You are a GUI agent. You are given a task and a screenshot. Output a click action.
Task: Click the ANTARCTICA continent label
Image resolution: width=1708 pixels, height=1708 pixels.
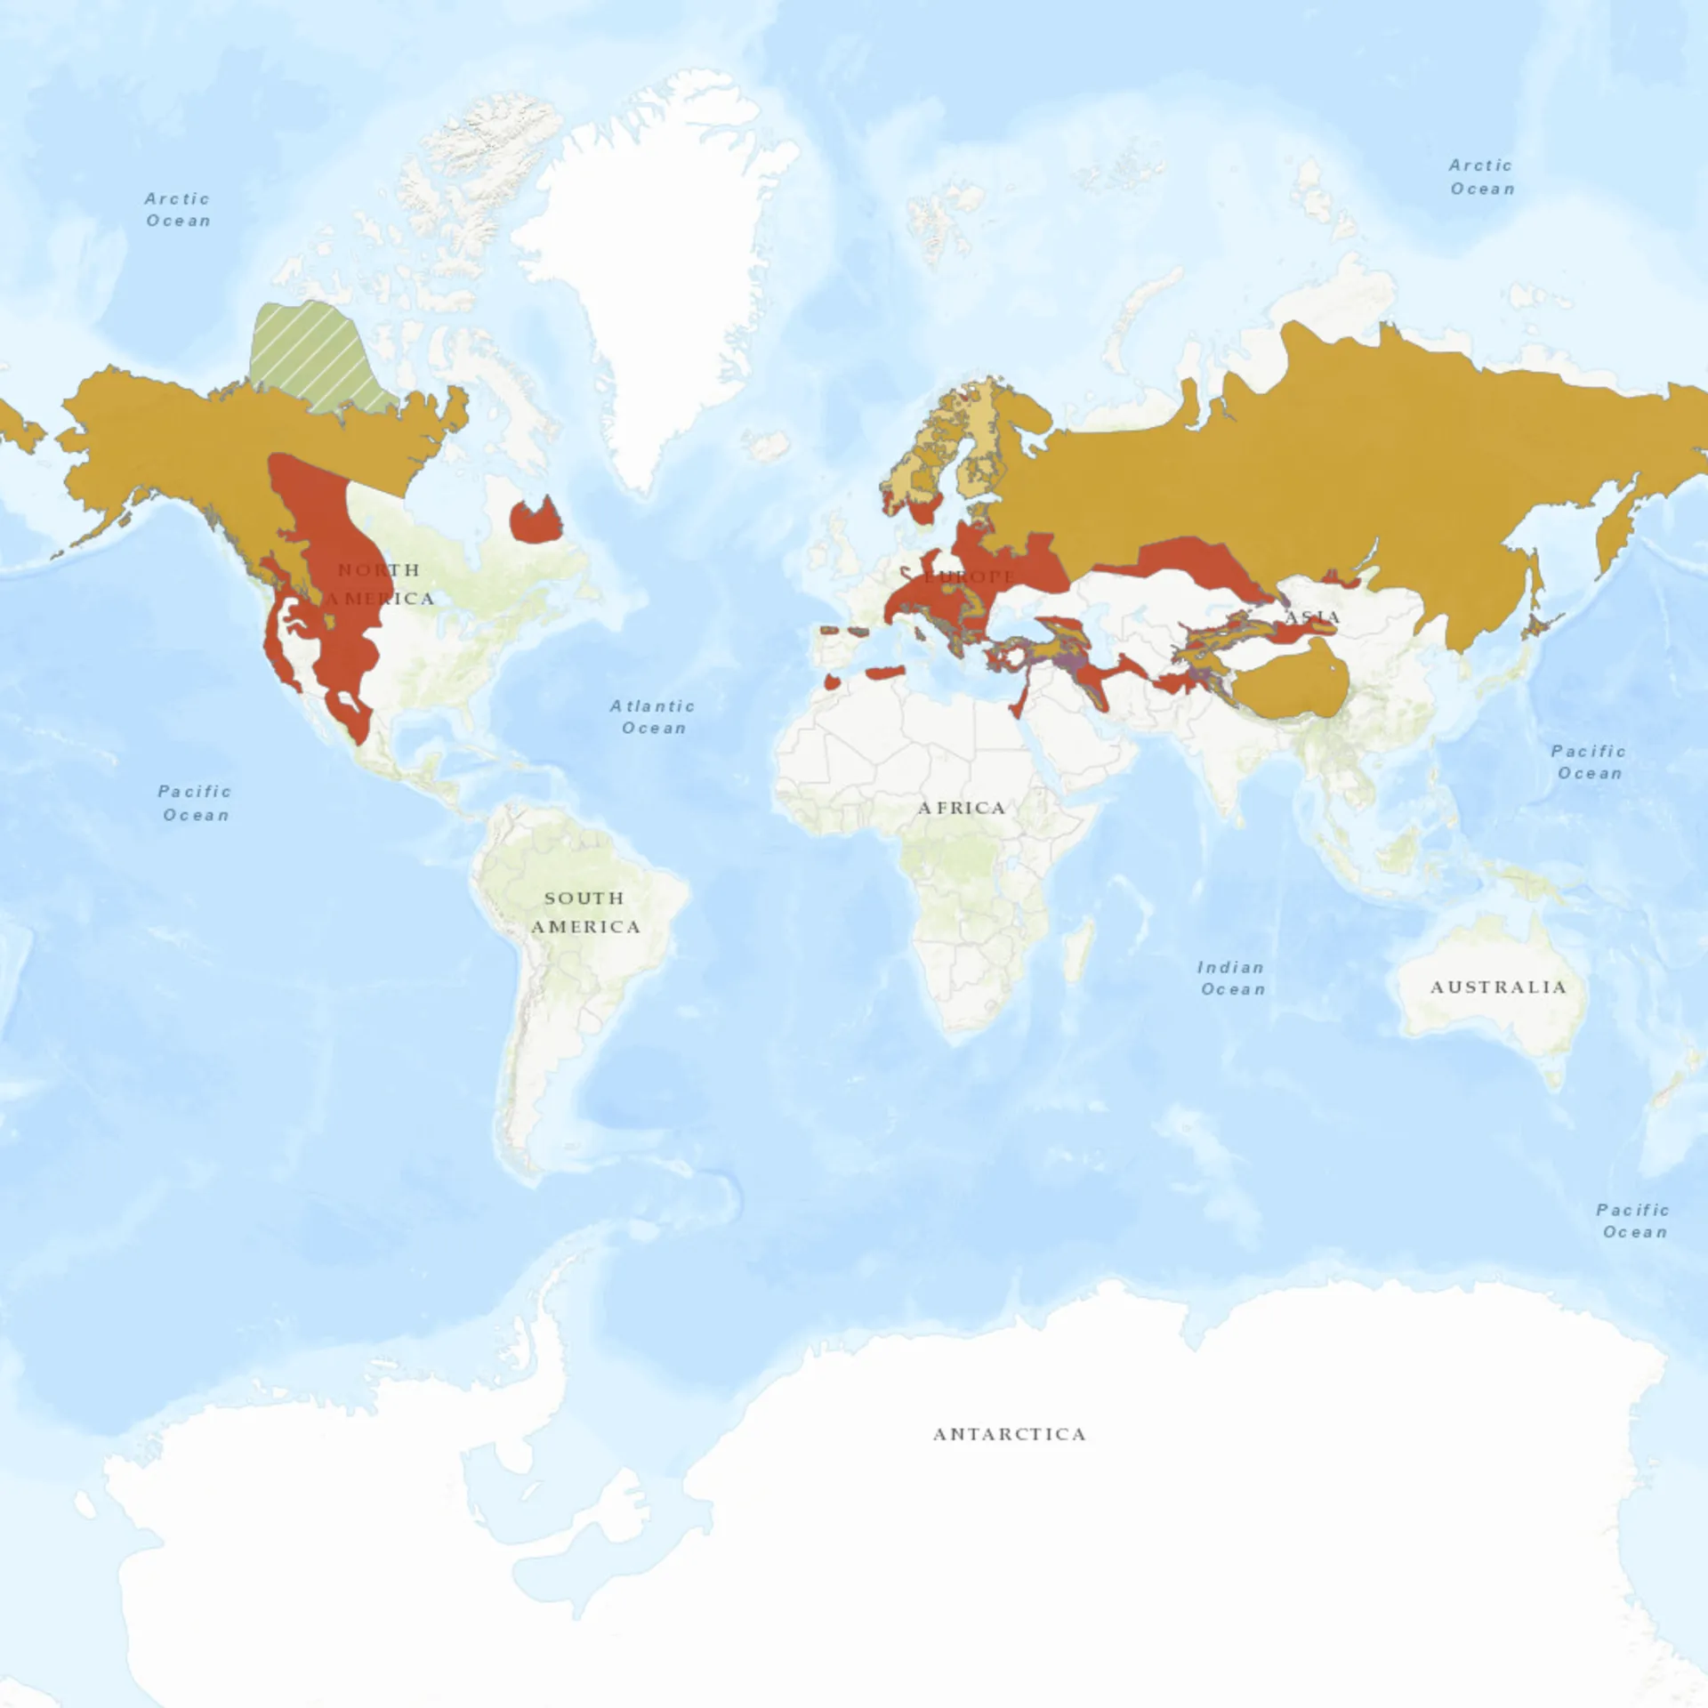point(1009,1434)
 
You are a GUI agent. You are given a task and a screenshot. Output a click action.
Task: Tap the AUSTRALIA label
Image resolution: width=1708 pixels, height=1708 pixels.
point(1498,987)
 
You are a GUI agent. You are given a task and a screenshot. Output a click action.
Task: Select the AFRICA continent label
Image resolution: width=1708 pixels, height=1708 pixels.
point(961,808)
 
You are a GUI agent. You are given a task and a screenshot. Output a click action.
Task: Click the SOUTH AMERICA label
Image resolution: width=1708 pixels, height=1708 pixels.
point(584,912)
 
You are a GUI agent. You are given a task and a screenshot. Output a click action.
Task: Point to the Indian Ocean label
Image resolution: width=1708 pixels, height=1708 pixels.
point(1231,978)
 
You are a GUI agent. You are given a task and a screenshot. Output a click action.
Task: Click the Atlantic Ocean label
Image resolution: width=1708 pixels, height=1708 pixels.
point(653,717)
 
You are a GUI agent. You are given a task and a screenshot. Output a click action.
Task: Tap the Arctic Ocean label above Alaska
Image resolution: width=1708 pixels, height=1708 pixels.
point(178,210)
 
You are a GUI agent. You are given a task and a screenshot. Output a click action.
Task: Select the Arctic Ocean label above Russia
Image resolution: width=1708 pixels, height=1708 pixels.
point(1482,177)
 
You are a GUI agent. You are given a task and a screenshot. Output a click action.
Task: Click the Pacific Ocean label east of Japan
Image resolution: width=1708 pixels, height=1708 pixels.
point(1589,762)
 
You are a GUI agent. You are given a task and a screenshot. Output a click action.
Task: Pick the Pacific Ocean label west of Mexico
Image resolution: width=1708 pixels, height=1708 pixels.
point(195,802)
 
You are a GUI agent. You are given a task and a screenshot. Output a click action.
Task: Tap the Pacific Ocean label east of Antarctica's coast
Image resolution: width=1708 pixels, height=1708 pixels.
point(1633,1221)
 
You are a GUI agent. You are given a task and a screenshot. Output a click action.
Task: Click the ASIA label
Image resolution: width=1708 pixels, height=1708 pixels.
point(1313,617)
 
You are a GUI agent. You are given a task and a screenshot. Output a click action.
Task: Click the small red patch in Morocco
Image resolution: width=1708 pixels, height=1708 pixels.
point(832,682)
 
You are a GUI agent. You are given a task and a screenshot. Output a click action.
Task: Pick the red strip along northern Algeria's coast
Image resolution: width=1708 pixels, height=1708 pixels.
point(885,673)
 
